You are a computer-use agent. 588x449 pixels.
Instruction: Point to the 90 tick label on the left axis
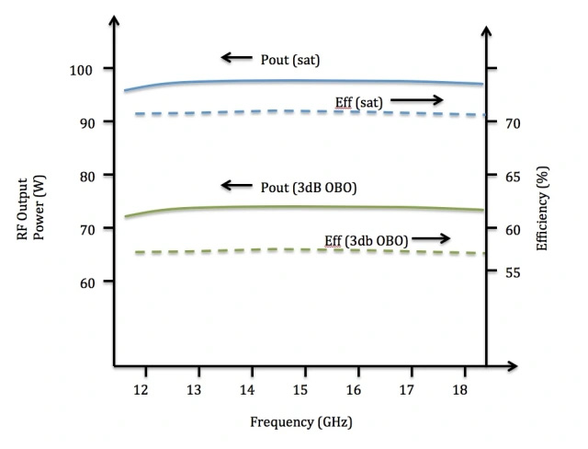click(x=84, y=121)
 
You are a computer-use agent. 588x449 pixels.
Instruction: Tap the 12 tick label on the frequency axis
click(x=141, y=389)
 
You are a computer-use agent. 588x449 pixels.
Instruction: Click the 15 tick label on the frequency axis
click(x=300, y=389)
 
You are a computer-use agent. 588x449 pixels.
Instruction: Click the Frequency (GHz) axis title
click(x=300, y=423)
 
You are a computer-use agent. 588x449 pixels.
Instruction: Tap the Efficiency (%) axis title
click(x=542, y=208)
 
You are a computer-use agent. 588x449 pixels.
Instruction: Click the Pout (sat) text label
click(x=289, y=60)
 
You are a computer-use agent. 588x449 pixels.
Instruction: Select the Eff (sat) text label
click(x=359, y=99)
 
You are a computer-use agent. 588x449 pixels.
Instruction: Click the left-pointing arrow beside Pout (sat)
click(x=236, y=59)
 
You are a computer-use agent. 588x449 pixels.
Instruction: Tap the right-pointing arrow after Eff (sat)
click(x=415, y=98)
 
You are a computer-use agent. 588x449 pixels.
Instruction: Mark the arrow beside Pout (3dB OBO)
click(x=236, y=186)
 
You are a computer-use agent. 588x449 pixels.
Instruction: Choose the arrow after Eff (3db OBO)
click(x=431, y=239)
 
